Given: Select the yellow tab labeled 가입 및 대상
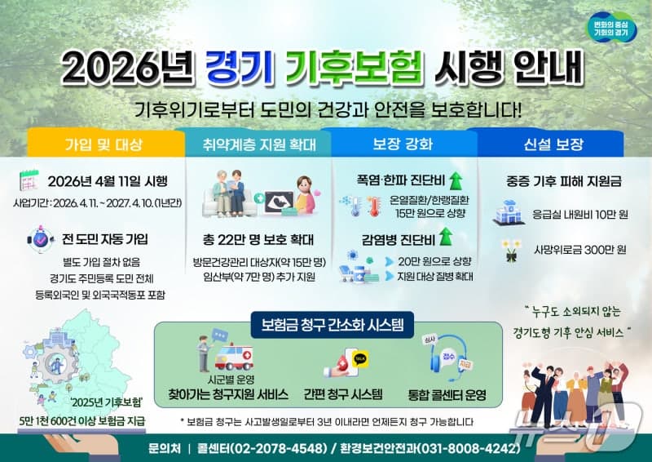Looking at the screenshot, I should pos(103,145).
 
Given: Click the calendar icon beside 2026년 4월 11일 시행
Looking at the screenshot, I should pos(29,180).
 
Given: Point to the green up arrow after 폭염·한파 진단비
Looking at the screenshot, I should pos(456,179).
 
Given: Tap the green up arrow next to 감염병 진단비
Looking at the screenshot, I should pos(446,238).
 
